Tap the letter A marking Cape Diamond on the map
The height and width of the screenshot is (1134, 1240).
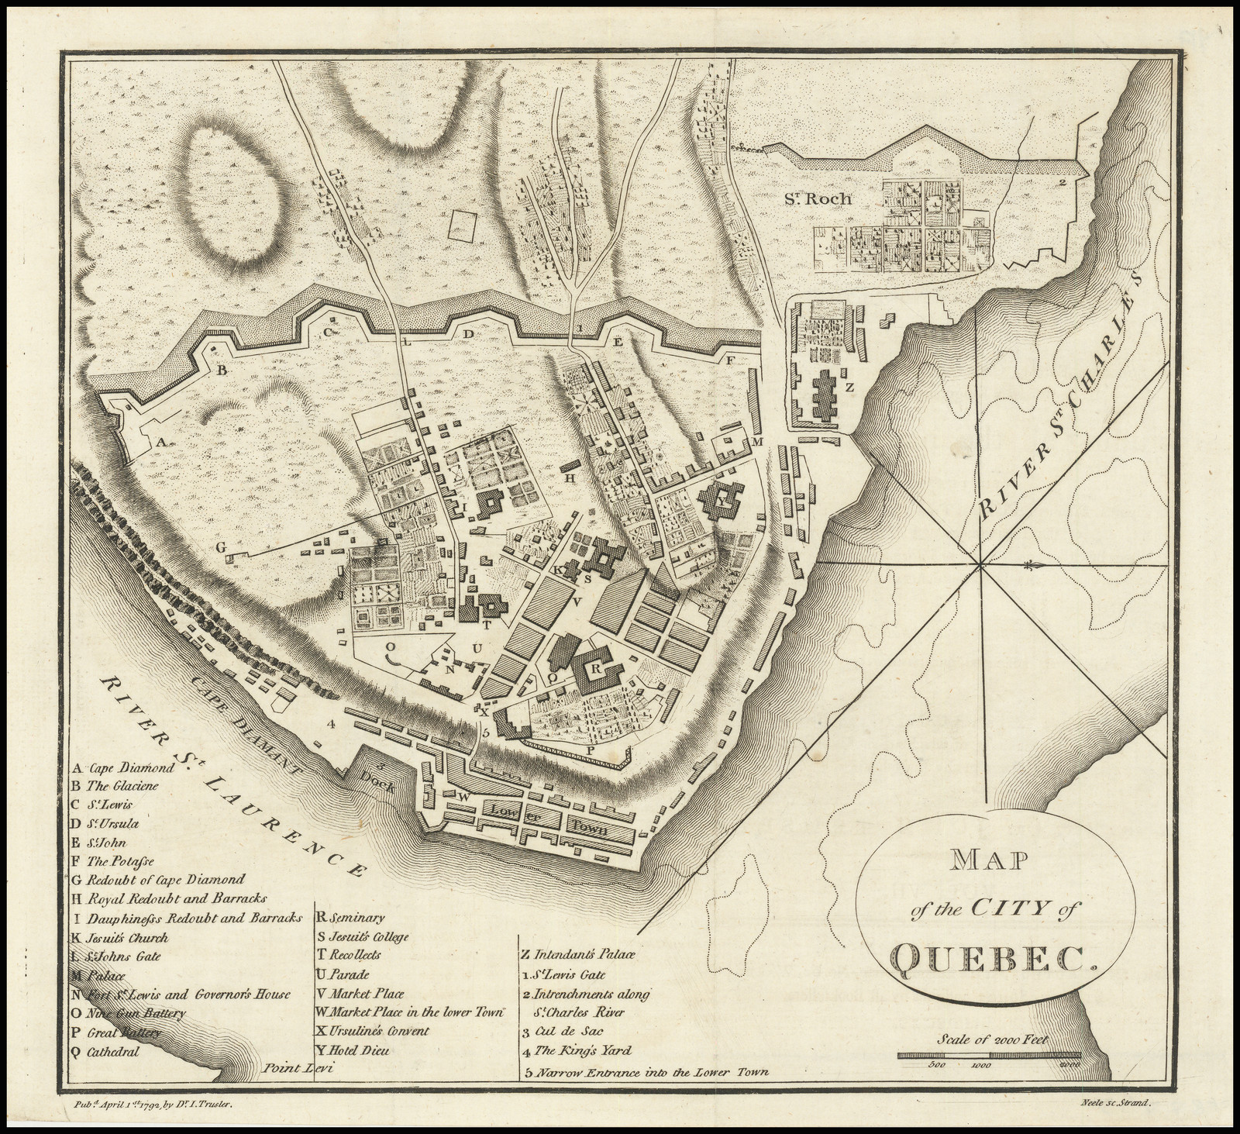162,442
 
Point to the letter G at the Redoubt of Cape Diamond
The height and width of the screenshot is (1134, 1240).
220,547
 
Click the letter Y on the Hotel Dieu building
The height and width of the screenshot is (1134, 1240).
722,502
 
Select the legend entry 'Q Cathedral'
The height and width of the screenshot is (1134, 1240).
105,1052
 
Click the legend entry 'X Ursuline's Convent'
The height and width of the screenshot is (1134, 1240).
372,1031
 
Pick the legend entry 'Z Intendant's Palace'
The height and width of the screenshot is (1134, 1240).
578,954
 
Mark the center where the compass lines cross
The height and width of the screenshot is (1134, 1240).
981,568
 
